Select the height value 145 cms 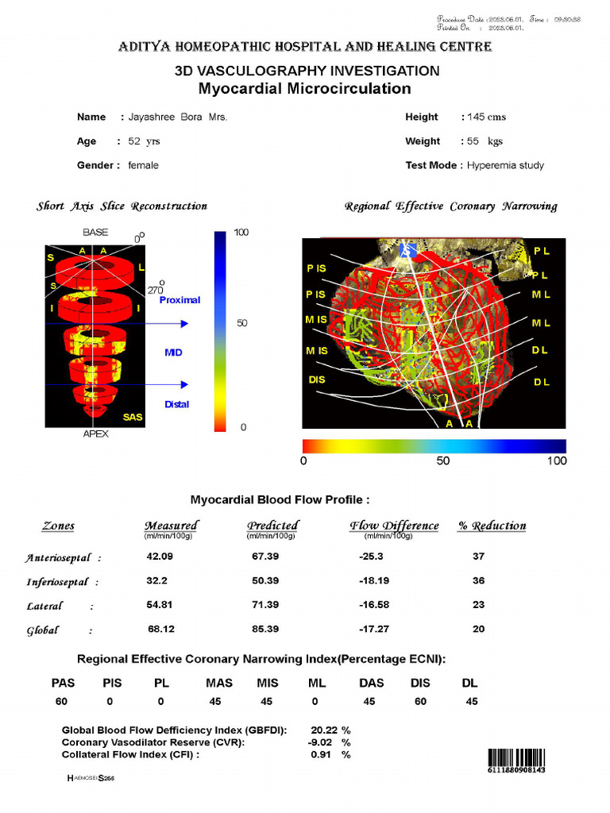pyautogui.click(x=487, y=117)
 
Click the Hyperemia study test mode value pyautogui.click(x=505, y=165)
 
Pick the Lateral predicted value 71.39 pyautogui.click(x=264, y=605)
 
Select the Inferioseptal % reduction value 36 pyautogui.click(x=478, y=581)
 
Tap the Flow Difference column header pyautogui.click(x=394, y=526)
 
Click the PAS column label pyautogui.click(x=64, y=683)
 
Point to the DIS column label pyautogui.click(x=419, y=683)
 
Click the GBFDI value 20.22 pyautogui.click(x=324, y=730)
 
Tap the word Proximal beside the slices pyautogui.click(x=180, y=300)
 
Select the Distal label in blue pyautogui.click(x=176, y=404)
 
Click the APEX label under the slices pyautogui.click(x=95, y=434)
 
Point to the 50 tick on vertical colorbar pyautogui.click(x=242, y=323)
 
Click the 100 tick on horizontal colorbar pyautogui.click(x=557, y=460)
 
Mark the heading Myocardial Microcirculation pyautogui.click(x=304, y=88)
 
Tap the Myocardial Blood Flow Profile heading pyautogui.click(x=280, y=500)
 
